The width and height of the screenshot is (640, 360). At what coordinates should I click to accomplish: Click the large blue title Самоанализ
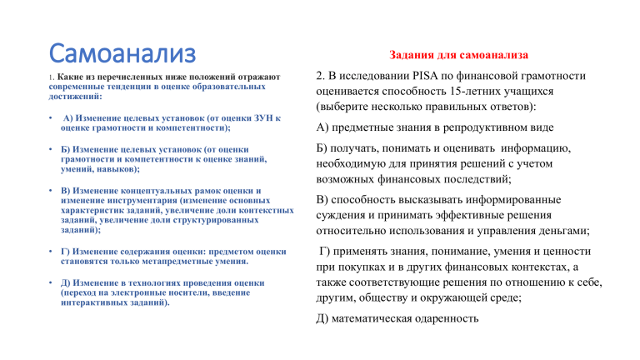pos(122,53)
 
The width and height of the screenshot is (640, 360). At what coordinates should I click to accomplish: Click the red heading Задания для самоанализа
pos(458,55)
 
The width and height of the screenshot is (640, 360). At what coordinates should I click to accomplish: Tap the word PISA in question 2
pos(425,76)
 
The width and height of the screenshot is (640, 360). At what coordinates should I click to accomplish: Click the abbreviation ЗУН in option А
pos(263,118)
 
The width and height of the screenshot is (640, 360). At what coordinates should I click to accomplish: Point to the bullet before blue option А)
pos(51,118)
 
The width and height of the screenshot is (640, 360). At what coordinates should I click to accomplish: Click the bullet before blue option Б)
pos(51,149)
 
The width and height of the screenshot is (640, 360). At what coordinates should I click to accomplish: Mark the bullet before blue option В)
pos(51,191)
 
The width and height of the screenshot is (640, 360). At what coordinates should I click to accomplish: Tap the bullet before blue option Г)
pos(51,252)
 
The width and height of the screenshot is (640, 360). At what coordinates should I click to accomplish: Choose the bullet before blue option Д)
pos(51,282)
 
